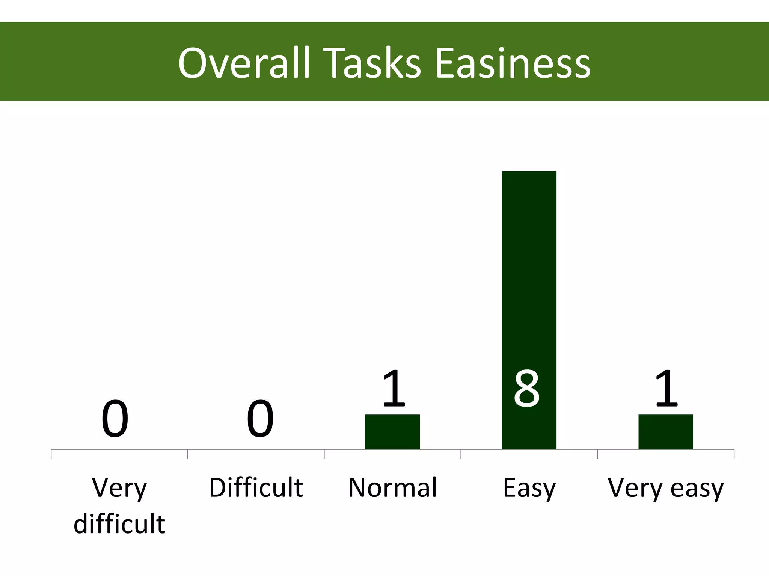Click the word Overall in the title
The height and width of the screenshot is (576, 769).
click(244, 63)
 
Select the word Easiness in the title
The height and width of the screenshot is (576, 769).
click(513, 63)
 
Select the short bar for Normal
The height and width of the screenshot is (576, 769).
click(392, 432)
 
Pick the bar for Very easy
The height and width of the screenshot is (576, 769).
click(666, 432)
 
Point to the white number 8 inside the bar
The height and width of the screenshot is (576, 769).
click(527, 388)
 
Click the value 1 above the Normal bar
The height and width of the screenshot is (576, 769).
click(394, 388)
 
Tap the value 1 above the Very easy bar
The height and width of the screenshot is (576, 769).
click(666, 388)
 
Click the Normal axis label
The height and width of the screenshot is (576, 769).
click(393, 488)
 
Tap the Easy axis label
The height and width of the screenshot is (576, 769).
click(529, 489)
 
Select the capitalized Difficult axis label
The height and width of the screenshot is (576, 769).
click(256, 488)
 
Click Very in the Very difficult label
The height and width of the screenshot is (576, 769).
click(119, 489)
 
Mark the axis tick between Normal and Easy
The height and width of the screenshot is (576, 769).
click(461, 454)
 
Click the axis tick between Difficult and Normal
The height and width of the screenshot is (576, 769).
click(324, 454)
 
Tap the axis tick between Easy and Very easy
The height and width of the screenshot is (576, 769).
click(598, 454)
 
